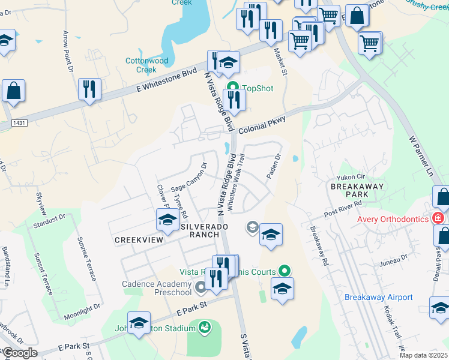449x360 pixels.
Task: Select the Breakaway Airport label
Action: (378, 297)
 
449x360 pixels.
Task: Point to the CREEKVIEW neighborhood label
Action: (139, 239)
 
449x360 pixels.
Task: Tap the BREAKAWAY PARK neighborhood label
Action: (357, 191)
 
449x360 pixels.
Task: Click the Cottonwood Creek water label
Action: (146, 65)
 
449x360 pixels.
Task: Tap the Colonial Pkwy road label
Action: (261, 126)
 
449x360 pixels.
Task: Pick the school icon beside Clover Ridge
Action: (167, 220)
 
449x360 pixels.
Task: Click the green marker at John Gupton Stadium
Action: (205, 327)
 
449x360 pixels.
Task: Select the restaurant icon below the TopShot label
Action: (234, 100)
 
